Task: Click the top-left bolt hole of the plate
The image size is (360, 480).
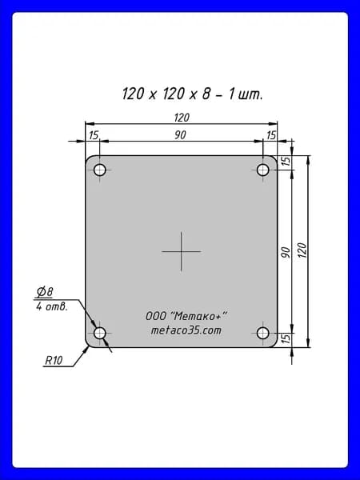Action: coord(100,170)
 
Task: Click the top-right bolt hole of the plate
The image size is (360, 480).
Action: coord(262,170)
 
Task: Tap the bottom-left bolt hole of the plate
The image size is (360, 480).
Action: coord(100,333)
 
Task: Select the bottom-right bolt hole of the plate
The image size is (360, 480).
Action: coord(262,333)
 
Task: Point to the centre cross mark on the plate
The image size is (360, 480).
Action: coord(182,251)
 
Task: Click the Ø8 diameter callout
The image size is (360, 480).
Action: coord(45,292)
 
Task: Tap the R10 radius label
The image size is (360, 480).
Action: coord(54,360)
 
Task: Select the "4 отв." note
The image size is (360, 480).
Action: coord(52,306)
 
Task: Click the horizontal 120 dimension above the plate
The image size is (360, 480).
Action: coord(182,118)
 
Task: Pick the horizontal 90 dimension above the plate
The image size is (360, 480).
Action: coord(180,135)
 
